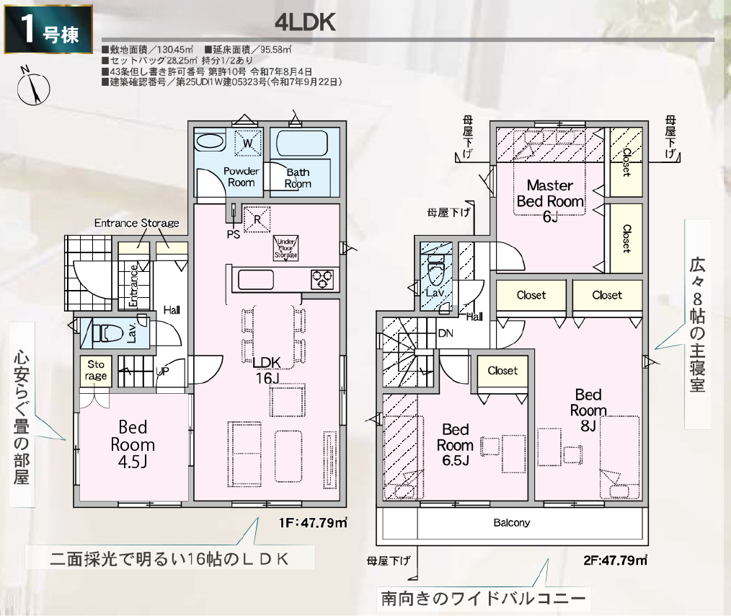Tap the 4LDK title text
coord(305,22)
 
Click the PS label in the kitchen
coord(233,234)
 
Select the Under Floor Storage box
coord(285,248)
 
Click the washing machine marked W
coord(247,142)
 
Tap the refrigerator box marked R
coord(257,219)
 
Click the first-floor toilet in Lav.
coord(105,333)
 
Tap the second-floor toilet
coord(435,273)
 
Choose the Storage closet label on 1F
coord(96,370)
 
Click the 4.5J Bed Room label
coord(133,444)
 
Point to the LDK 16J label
coord(267,370)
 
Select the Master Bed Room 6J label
coord(550,201)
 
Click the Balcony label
coord(511,523)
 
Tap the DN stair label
coord(446,333)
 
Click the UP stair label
coord(162,371)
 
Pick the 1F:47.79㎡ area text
coord(314,523)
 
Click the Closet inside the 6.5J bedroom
coord(502,371)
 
